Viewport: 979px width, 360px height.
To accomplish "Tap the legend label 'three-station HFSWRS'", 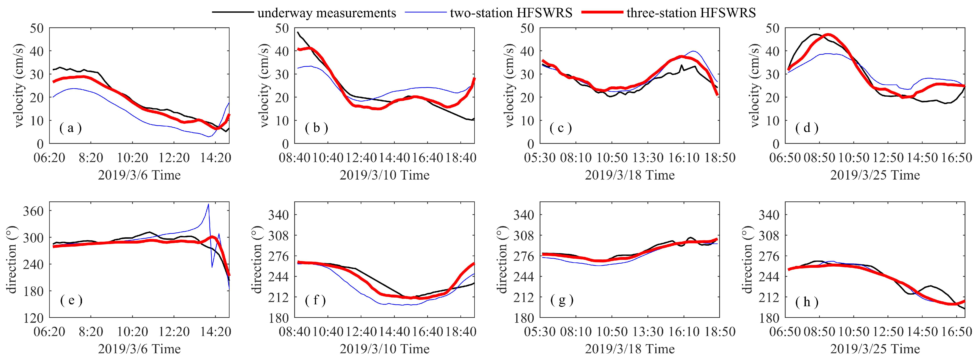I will (691, 13).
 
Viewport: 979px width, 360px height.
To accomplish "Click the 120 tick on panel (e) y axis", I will (33, 318).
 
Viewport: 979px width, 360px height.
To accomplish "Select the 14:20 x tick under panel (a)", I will (216, 158).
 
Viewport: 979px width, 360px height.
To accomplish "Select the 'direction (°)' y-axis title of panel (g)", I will (502, 260).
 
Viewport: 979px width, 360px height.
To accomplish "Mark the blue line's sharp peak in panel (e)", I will (208, 204).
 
